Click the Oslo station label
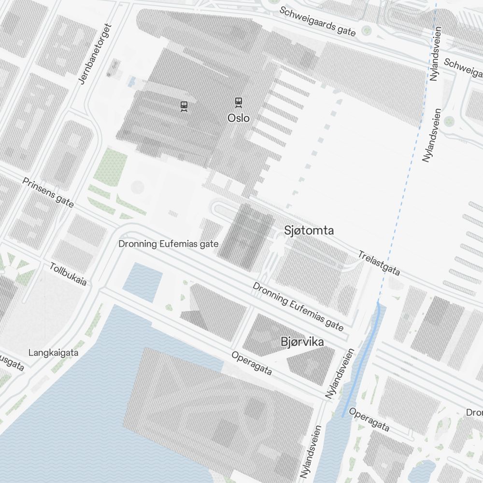tap(239, 118)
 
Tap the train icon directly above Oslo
tap(238, 102)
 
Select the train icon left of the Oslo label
tap(184, 106)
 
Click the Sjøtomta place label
tap(309, 230)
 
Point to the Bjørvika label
tap(302, 342)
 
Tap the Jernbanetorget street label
tap(95, 54)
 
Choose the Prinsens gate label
tap(48, 192)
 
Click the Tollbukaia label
tap(69, 274)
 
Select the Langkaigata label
tap(53, 353)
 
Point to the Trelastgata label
tap(379, 263)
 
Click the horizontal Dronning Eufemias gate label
tap(169, 244)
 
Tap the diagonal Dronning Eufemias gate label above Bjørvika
tap(298, 307)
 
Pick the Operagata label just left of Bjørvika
tap(252, 363)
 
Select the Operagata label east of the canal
tap(369, 420)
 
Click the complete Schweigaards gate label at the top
tap(318, 21)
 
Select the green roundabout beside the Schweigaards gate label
tap(367, 31)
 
